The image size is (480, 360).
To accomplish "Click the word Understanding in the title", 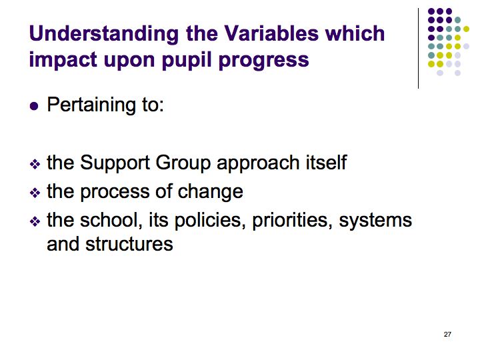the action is pyautogui.click(x=104, y=34).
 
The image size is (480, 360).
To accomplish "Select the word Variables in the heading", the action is pyautogui.click(x=271, y=33).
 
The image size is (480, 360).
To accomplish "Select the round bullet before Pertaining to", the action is pyautogui.click(x=34, y=106).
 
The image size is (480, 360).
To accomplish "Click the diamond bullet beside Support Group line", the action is pyautogui.click(x=35, y=165).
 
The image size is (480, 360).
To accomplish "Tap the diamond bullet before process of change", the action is pyautogui.click(x=35, y=193).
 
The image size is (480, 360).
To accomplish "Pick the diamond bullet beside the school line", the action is pyautogui.click(x=35, y=221).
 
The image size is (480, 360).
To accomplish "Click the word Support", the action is pyautogui.click(x=115, y=163).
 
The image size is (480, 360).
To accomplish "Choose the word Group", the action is pyautogui.click(x=183, y=163).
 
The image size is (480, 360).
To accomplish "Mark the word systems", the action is pyautogui.click(x=375, y=221).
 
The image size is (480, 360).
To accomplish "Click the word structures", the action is pyautogui.click(x=129, y=244).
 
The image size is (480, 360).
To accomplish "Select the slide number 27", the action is pyautogui.click(x=447, y=334).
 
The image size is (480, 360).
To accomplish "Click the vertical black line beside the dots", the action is pyautogui.click(x=418, y=49).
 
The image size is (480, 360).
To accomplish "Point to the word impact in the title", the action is pyautogui.click(x=63, y=61).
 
